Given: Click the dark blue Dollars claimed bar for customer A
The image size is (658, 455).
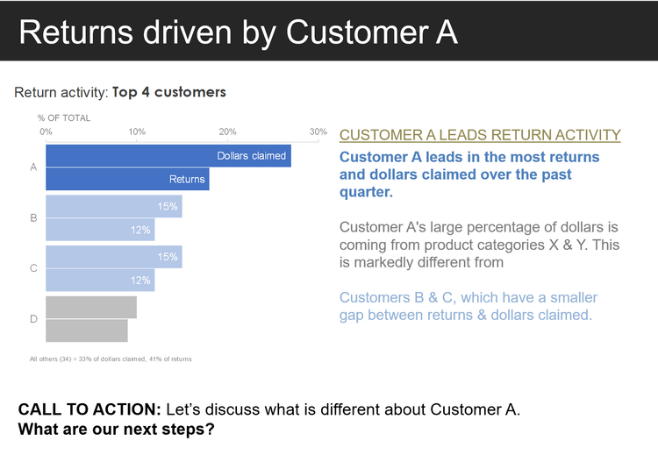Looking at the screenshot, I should point(132,156).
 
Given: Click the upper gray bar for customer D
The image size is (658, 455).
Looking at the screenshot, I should point(90,307).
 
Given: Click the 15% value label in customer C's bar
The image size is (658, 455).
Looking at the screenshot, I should point(168,257).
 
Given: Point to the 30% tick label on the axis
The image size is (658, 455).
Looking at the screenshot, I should point(318,132).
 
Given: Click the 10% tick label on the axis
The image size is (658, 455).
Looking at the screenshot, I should point(137,132).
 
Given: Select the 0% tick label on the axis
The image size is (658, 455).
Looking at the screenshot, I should point(46,132).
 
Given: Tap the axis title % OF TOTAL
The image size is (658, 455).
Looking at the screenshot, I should point(64,117).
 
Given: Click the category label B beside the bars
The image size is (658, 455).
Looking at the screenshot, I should point(33,217).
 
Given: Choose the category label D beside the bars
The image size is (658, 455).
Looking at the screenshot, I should point(33,319).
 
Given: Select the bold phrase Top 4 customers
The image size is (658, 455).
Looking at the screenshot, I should point(168,92).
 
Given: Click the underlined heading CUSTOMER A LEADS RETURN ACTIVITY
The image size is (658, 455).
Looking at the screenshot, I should point(480,135).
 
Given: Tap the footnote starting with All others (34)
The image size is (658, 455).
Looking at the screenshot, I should point(111,359).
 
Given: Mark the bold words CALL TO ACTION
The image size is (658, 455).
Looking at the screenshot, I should point(89,410).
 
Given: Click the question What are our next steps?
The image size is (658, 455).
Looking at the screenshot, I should point(117,430).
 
